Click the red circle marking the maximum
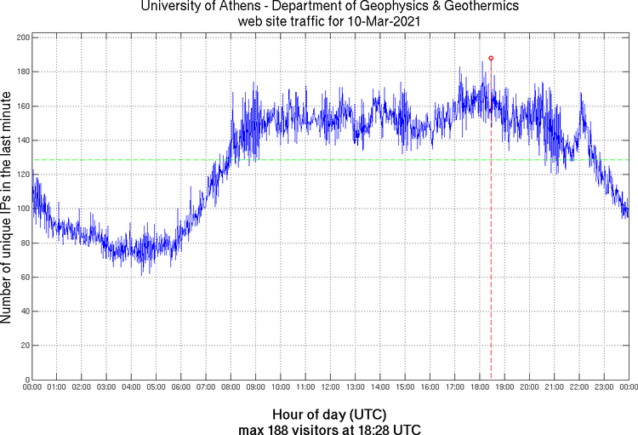(491, 58)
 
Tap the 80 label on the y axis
(25, 243)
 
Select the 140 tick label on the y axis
(22, 140)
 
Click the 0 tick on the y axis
(27, 380)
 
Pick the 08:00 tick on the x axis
(231, 387)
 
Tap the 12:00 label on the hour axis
(330, 387)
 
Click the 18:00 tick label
(480, 387)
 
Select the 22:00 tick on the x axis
(579, 387)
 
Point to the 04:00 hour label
(131, 387)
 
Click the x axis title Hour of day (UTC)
(329, 413)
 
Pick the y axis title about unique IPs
(7, 209)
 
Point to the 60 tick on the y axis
(25, 277)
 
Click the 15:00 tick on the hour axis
(405, 387)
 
